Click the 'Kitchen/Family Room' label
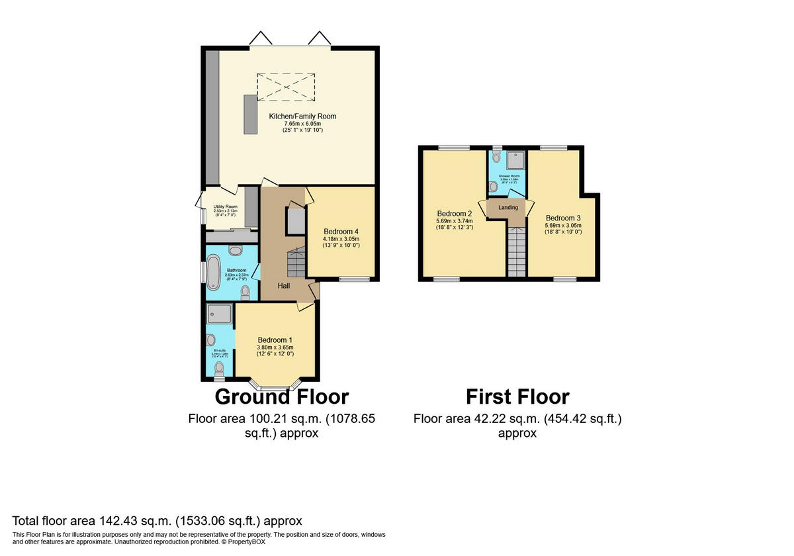302,116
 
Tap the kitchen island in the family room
250,115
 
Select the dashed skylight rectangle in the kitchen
286,87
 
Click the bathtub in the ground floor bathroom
214,271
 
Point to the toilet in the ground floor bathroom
245,291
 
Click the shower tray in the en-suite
220,313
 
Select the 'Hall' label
284,285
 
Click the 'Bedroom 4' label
341,231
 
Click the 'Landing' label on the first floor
508,208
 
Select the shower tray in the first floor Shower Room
516,160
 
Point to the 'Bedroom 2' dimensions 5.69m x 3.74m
455,221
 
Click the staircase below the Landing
516,251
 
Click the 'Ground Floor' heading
282,396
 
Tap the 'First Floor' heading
517,396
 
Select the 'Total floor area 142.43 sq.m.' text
157,521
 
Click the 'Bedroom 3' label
563,218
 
